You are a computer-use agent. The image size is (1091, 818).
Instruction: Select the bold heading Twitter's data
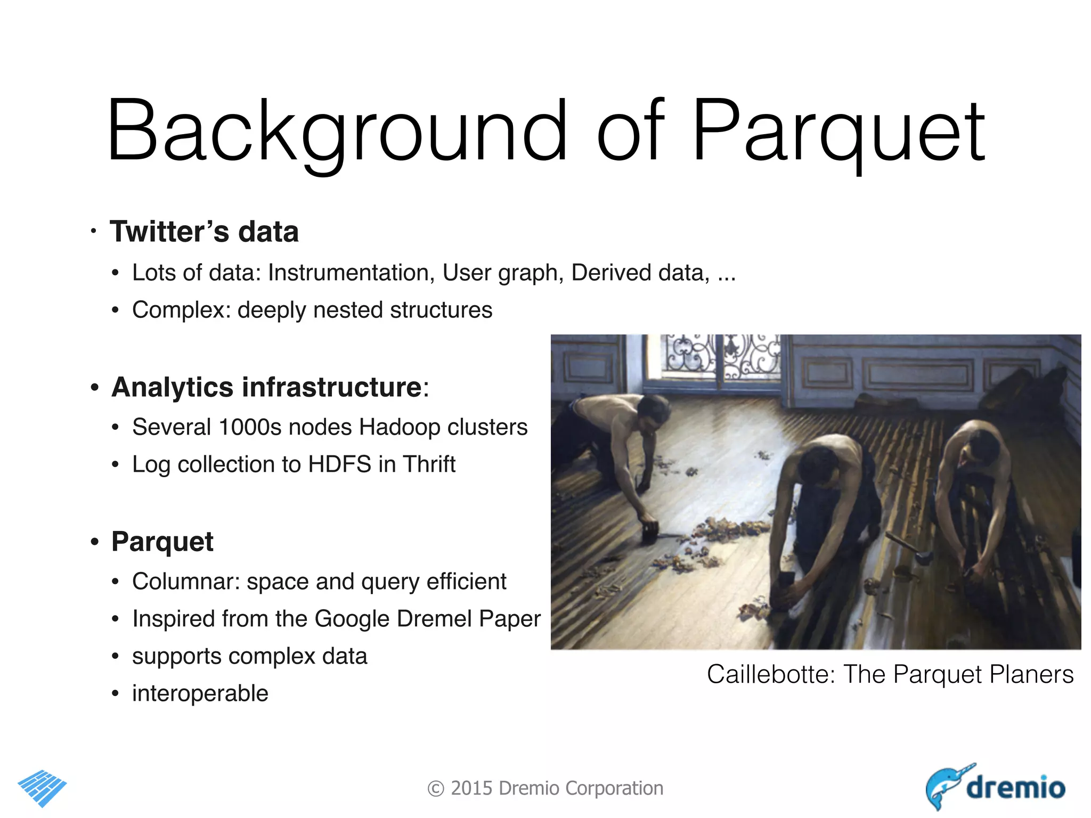(x=204, y=232)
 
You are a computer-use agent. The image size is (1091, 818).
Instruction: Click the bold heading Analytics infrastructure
(x=267, y=387)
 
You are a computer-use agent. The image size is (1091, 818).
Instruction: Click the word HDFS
(x=339, y=464)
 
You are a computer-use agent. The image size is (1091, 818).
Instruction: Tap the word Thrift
(x=429, y=464)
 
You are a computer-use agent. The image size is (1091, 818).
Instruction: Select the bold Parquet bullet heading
(x=162, y=542)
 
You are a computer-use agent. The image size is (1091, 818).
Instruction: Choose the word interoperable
(x=200, y=693)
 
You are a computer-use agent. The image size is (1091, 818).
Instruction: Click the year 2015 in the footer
(x=472, y=788)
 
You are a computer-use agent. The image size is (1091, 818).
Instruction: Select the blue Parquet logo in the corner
(x=42, y=787)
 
